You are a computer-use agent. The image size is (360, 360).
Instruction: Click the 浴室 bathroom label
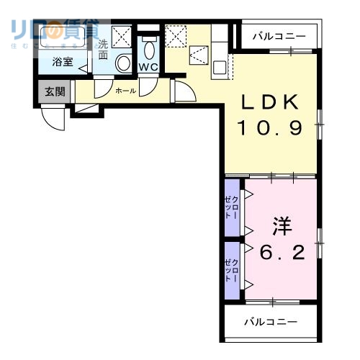click(63, 63)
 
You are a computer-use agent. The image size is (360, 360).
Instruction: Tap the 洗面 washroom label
click(104, 48)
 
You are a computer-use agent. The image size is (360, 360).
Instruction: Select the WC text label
click(148, 67)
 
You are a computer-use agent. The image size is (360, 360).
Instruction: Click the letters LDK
click(271, 103)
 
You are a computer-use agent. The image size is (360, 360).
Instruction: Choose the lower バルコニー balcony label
click(270, 322)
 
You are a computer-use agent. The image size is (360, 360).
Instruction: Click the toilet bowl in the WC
click(149, 50)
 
